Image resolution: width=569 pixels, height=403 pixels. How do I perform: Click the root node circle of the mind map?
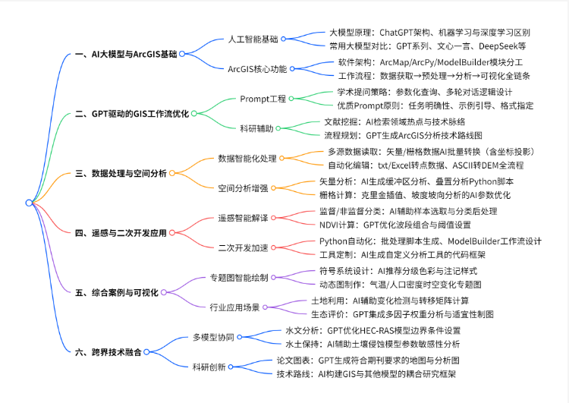pos(29,203)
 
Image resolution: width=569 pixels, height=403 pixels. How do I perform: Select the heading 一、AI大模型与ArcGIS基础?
pos(129,54)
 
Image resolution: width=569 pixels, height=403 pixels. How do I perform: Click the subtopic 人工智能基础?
pos(253,39)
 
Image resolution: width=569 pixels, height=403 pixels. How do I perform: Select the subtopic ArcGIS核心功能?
pos(257,68)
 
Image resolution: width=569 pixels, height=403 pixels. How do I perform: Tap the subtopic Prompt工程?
pos(263,99)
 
